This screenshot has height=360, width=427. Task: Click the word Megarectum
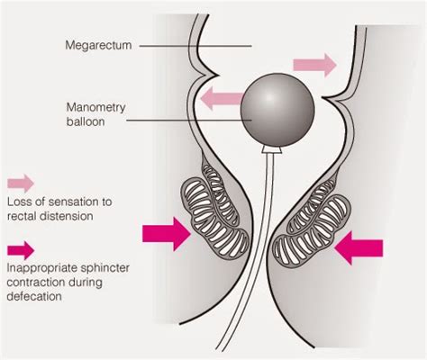[x=98, y=45]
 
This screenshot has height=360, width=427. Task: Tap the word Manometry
[x=95, y=107]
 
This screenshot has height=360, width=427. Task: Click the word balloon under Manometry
[x=86, y=121]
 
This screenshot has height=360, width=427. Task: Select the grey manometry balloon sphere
[x=277, y=110]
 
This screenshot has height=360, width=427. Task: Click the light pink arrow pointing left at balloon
[x=222, y=98]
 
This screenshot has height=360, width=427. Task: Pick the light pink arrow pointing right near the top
[x=314, y=65]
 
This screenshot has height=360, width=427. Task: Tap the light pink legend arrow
[x=21, y=183]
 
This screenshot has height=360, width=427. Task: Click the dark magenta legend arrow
[x=21, y=250]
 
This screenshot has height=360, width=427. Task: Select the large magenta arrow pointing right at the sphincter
[x=167, y=234]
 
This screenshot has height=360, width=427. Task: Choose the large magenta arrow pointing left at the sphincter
[x=359, y=247]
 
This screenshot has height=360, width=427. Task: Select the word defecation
[x=34, y=296]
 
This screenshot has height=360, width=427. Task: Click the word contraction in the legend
[x=36, y=283]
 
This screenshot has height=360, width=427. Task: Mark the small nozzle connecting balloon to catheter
[x=271, y=150]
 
